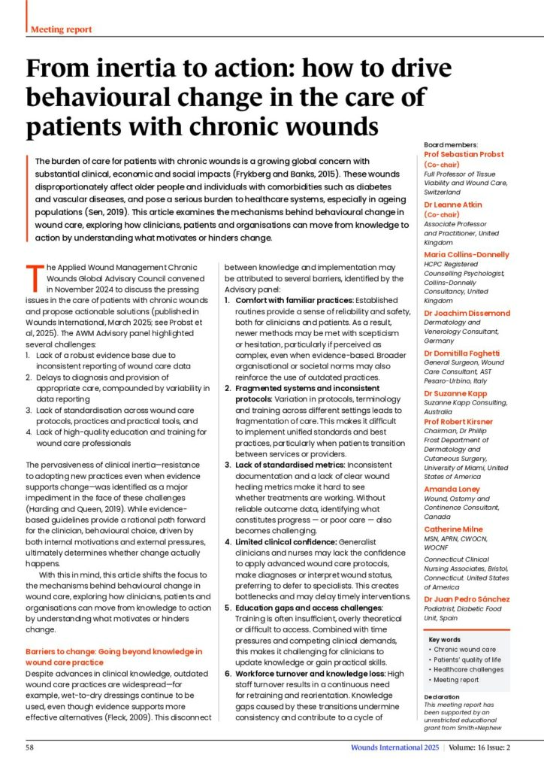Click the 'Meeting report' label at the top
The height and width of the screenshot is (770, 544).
(62, 29)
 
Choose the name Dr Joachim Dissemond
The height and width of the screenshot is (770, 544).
(467, 312)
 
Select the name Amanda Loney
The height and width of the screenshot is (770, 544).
(453, 489)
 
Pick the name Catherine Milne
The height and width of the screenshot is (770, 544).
(455, 529)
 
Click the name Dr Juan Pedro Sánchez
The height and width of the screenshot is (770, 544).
(467, 599)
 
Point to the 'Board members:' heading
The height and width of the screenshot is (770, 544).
(449, 144)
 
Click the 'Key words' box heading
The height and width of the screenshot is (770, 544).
(448, 639)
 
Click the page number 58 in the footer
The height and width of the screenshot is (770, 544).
(30, 747)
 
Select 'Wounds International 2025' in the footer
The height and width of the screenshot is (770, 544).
(394, 747)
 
